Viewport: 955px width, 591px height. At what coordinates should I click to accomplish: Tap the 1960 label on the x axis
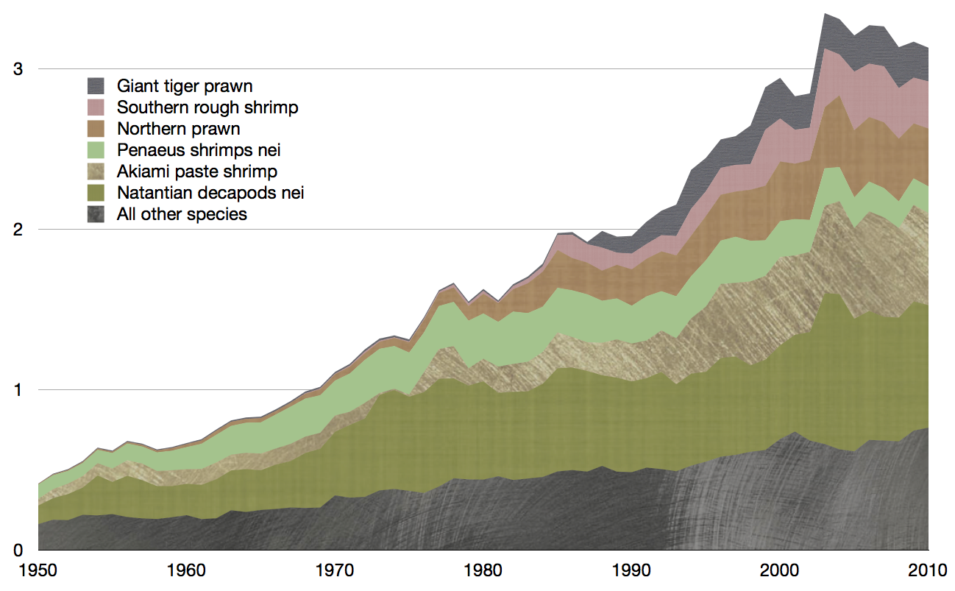coord(186,570)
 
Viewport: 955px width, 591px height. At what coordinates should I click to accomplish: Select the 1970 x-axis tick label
coord(335,570)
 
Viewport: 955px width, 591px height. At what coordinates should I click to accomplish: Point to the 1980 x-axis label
coord(483,570)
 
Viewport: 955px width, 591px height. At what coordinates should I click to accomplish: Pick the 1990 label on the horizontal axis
coord(631,570)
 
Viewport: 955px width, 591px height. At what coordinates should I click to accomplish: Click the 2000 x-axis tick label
coord(780,570)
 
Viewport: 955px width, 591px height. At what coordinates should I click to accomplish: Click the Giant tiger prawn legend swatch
coord(96,86)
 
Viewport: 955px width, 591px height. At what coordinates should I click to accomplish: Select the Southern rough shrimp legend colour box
coord(96,107)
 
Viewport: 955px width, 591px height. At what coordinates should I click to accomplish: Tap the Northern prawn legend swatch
coord(96,129)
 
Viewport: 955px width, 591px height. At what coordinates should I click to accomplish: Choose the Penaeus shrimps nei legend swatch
coord(96,150)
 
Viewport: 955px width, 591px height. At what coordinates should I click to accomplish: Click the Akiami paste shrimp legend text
coord(197,171)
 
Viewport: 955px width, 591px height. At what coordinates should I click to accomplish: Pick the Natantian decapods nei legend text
coord(210,193)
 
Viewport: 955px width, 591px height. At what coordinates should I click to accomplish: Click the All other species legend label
coord(182,214)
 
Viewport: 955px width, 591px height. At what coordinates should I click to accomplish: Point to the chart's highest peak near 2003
coord(825,14)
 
